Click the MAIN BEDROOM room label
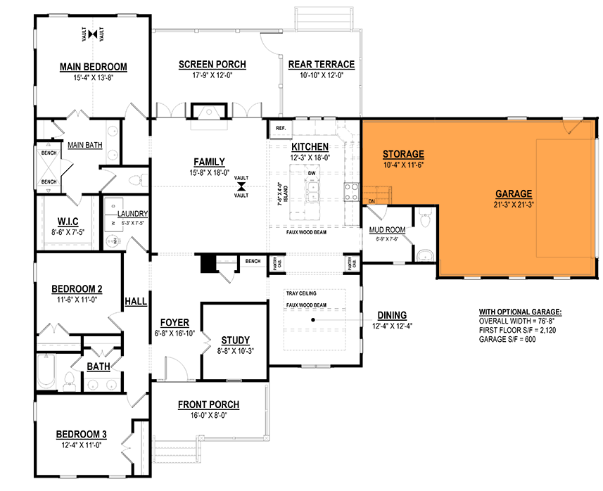[93, 68]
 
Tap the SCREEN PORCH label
[212, 65]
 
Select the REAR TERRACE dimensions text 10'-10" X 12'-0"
[321, 75]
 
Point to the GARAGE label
[513, 194]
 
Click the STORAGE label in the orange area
[403, 154]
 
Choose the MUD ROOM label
[387, 230]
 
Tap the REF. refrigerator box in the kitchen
[279, 129]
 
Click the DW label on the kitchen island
[310, 172]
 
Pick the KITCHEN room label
[310, 146]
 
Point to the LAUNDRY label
[132, 213]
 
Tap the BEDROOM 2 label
[77, 289]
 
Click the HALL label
[136, 302]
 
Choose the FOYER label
[174, 323]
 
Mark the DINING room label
[392, 316]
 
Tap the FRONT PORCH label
[208, 404]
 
